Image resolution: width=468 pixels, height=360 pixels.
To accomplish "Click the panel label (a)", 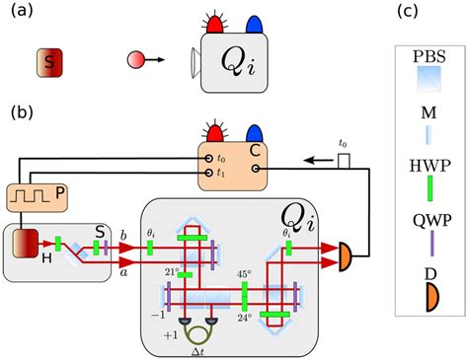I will pos(24,14).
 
